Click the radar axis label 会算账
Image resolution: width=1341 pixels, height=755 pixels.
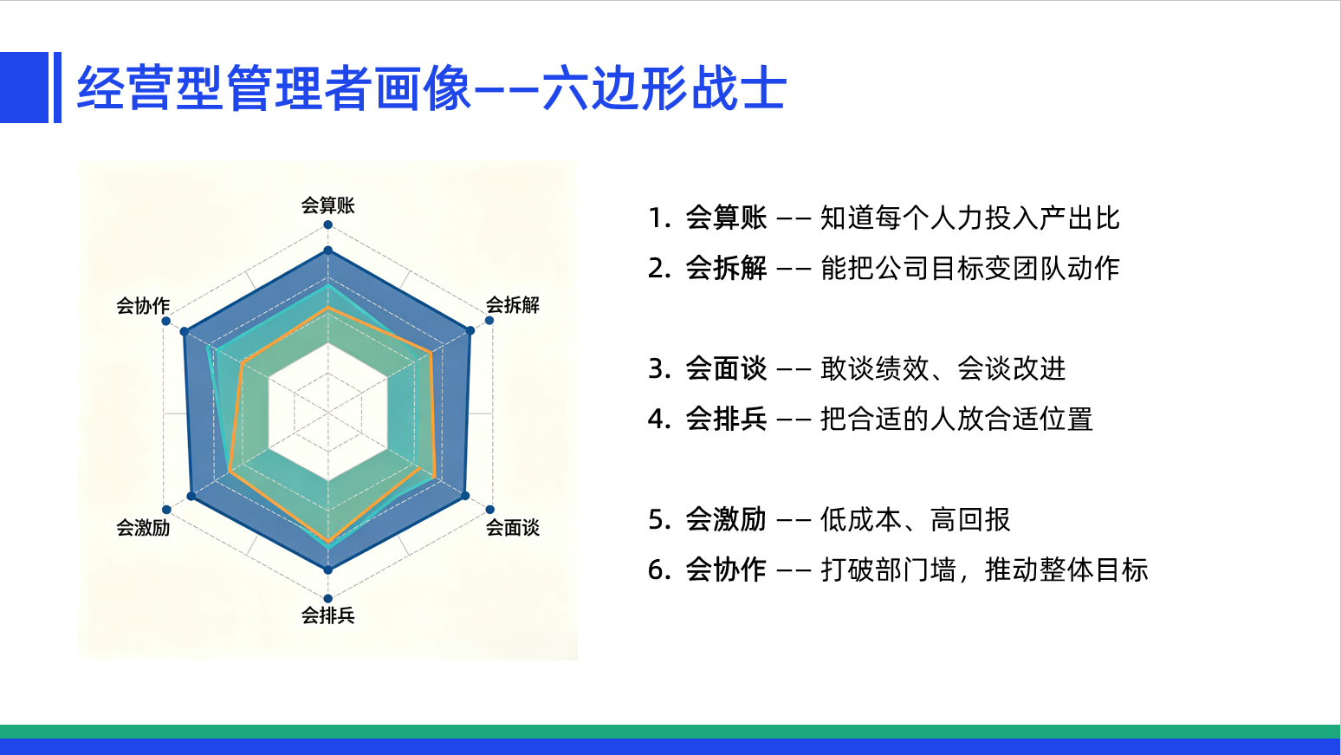click(x=327, y=205)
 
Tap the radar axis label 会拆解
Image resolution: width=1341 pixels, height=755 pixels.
click(x=513, y=305)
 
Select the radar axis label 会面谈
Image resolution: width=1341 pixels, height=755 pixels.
click(x=513, y=527)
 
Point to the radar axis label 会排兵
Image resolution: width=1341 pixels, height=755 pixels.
click(x=327, y=615)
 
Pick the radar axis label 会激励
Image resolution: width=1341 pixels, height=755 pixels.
click(x=143, y=527)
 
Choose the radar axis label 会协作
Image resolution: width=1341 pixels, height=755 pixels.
click(x=143, y=306)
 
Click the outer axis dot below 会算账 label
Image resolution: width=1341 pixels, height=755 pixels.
click(x=328, y=225)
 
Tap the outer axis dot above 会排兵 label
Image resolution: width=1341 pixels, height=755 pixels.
click(x=328, y=599)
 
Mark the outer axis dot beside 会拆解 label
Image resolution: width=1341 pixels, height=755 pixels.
click(x=489, y=321)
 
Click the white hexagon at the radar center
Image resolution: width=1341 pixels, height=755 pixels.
click(x=328, y=413)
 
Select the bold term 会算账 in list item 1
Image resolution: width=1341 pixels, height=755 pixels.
click(x=726, y=218)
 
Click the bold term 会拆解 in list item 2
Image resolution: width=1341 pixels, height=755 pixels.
click(x=726, y=268)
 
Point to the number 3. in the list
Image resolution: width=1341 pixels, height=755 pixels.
click(x=659, y=368)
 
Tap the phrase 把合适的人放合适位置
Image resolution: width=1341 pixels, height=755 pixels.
click(x=956, y=419)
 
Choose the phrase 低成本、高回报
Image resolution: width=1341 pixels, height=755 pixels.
click(x=916, y=519)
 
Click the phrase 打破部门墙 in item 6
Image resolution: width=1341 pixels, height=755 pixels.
click(x=888, y=570)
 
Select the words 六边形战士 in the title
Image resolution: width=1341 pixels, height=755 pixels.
click(x=664, y=88)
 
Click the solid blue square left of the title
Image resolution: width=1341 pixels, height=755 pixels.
click(x=24, y=88)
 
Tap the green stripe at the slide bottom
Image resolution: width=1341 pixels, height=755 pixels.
click(x=670, y=732)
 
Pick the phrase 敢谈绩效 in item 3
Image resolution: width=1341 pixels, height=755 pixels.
click(x=875, y=368)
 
